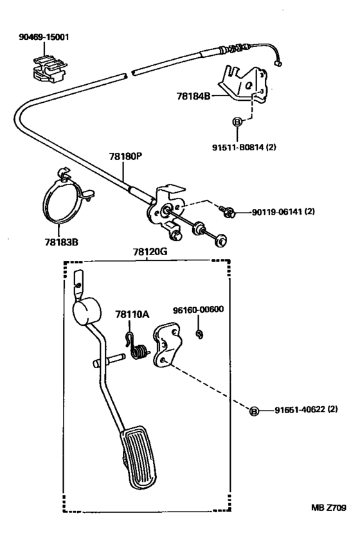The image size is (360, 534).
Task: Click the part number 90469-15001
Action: coord(44,37)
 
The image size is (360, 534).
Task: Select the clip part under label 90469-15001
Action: coord(48,68)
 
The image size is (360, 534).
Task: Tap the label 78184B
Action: coord(193,96)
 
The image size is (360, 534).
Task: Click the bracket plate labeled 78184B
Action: coord(242,84)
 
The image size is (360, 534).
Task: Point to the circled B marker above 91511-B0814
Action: coord(237,121)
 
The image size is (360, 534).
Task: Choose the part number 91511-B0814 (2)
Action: coord(244,147)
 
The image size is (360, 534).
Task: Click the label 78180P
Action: coord(125,156)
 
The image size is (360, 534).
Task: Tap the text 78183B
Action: coord(61,242)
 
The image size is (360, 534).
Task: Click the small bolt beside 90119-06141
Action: coord(227,211)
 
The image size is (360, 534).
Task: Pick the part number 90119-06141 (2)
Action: coord(283,211)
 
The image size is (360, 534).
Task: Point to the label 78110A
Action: coord(132,314)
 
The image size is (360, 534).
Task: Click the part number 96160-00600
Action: coord(198,309)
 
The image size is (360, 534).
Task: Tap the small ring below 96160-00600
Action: coord(199,334)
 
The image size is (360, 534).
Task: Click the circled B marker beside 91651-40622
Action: coord(254,411)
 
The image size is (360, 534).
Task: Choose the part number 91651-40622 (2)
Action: coord(307,409)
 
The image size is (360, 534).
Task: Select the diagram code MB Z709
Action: coord(328,508)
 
